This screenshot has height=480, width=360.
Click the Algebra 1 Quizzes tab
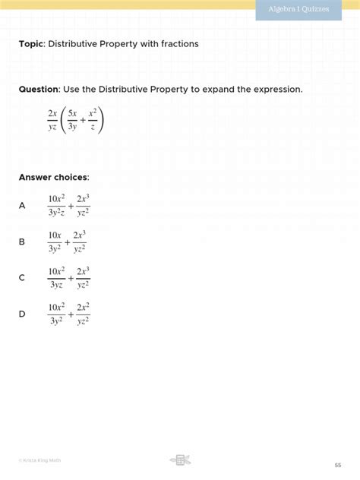tap(298, 9)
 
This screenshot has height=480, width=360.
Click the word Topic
tap(31, 44)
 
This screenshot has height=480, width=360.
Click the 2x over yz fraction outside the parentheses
tap(52, 120)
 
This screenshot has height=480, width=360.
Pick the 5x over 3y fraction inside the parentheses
tap(72, 120)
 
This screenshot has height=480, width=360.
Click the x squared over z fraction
tap(92, 120)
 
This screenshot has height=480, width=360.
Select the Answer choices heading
tap(54, 178)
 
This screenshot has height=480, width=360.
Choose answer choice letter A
tap(22, 205)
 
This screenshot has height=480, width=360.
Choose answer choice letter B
tap(22, 242)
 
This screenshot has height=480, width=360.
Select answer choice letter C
tap(22, 278)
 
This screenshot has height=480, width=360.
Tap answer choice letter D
tap(22, 314)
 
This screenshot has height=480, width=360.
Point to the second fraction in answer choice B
tap(79, 242)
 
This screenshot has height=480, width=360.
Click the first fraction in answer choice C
tap(56, 278)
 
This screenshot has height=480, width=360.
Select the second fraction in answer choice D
tap(84, 314)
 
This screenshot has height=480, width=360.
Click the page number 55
tap(338, 465)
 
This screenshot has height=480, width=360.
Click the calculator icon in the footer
tap(180, 459)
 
